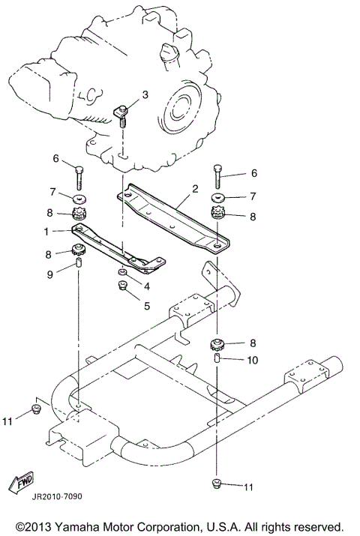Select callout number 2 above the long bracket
click(195, 189)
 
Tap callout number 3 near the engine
click(145, 94)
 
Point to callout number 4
click(146, 286)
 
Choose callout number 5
click(146, 305)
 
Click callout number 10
click(253, 360)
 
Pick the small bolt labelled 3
click(123, 112)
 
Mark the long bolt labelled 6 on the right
click(217, 178)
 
